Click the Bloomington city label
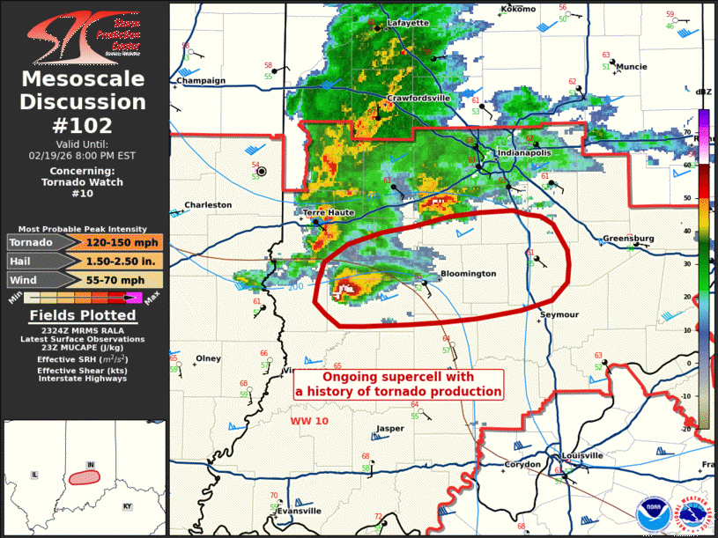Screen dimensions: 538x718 click(x=468, y=274)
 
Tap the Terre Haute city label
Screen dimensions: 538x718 click(x=327, y=213)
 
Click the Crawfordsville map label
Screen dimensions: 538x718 click(x=418, y=98)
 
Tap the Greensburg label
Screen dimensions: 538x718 click(x=628, y=239)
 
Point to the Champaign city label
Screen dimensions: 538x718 click(x=201, y=80)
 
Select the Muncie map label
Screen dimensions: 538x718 click(x=632, y=67)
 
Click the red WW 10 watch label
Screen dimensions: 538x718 click(x=309, y=422)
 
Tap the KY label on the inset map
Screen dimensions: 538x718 click(x=127, y=506)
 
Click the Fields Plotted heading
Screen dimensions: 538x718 click(x=83, y=315)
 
